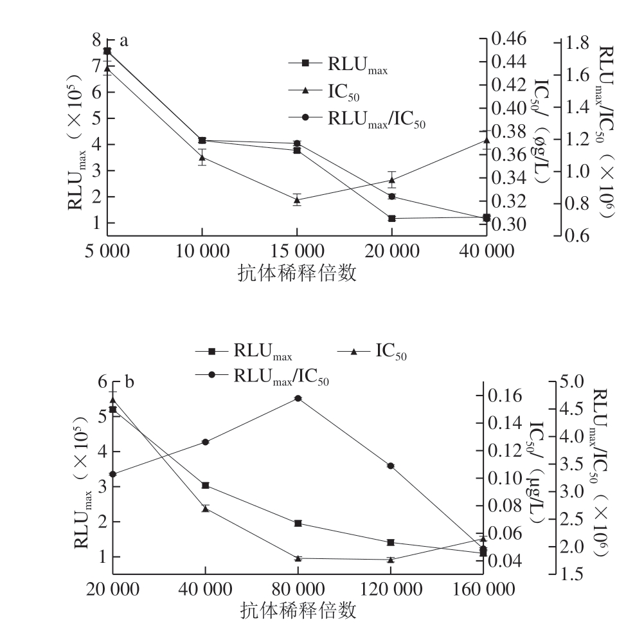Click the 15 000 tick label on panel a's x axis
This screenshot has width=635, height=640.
pos(297,251)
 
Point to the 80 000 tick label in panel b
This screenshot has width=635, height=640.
pos(298,589)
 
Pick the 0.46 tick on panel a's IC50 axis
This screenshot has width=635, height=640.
pos(510,39)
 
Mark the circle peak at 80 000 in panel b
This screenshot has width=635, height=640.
pos(298,398)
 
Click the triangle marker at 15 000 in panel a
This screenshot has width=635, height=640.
pos(297,199)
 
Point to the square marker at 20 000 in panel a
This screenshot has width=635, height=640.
pos(391,218)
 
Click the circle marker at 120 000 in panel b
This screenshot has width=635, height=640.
pos(391,466)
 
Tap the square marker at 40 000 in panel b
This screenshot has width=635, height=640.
pos(205,485)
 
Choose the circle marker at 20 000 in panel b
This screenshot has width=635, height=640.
pos(112,474)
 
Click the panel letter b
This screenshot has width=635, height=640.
pos(129,383)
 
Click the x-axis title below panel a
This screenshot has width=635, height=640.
pos(297,273)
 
